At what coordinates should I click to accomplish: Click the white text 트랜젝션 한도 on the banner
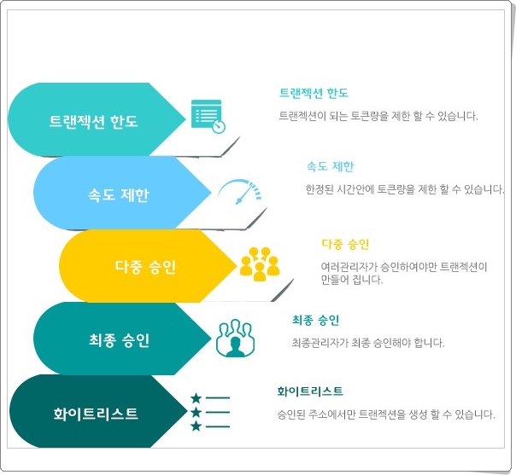(93, 122)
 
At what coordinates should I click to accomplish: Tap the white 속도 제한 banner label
(119, 195)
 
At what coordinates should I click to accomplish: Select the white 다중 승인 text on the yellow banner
(145, 267)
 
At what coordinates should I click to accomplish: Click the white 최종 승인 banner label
(119, 340)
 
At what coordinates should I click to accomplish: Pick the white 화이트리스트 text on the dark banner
(96, 414)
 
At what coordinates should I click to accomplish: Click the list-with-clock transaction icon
(208, 116)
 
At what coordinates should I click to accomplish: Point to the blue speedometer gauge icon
(239, 192)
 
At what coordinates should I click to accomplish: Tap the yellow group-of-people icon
(260, 264)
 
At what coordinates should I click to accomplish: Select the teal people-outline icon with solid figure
(235, 338)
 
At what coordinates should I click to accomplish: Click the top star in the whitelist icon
(196, 398)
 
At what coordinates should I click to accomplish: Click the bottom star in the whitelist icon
(196, 426)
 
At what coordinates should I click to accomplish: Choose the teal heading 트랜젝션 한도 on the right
(314, 93)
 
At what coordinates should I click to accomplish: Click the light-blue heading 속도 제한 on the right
(330, 166)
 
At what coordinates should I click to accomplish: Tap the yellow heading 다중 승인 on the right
(345, 244)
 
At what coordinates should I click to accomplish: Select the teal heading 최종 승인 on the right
(315, 320)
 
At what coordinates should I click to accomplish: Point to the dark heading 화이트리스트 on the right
(310, 391)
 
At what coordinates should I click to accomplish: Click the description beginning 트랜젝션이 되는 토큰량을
(378, 116)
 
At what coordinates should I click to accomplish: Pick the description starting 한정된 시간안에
(405, 189)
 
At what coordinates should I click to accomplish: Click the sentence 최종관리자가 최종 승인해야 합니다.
(368, 343)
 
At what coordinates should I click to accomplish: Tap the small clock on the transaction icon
(219, 127)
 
